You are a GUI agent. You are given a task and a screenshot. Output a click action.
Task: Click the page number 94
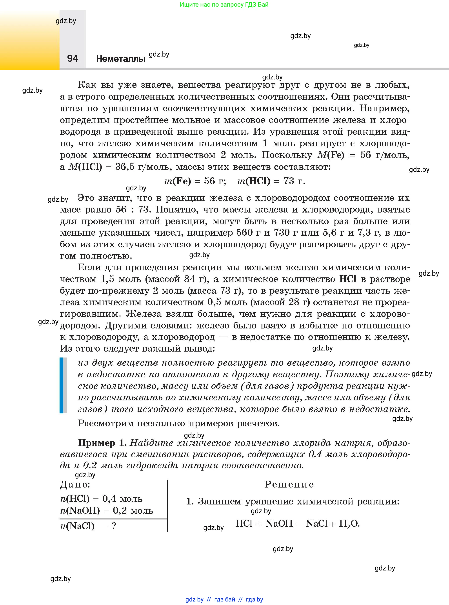click(x=72, y=59)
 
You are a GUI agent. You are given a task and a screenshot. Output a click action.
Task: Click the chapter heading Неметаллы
click(x=121, y=59)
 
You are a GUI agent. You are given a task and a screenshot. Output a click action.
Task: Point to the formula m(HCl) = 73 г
click(x=271, y=181)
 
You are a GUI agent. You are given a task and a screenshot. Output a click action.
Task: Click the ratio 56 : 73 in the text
click(x=132, y=209)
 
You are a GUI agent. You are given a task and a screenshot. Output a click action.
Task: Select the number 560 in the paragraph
click(x=244, y=233)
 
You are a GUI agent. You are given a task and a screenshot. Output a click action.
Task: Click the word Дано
click(x=75, y=484)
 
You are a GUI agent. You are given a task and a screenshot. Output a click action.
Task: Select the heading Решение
click(x=289, y=484)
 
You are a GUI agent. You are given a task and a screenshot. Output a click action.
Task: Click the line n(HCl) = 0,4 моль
click(x=101, y=499)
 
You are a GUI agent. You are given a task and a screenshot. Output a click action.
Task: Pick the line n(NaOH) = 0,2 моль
click(x=106, y=511)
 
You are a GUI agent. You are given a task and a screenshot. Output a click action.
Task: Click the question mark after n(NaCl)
click(x=114, y=526)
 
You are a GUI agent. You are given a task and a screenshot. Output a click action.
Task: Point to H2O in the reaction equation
click(x=349, y=523)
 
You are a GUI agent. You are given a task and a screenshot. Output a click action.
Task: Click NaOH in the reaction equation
click(x=279, y=523)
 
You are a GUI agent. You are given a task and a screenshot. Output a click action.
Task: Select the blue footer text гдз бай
click(x=225, y=599)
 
